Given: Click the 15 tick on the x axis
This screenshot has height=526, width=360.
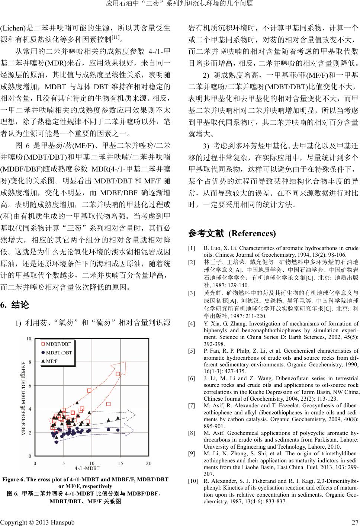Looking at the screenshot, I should pyautogui.click(x=120, y=464).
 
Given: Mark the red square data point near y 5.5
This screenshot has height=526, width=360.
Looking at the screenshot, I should pyautogui.click(x=89, y=391).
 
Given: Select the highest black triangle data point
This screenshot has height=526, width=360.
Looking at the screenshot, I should pyautogui.click(x=77, y=402).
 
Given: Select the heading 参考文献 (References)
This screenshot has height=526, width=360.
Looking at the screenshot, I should pyautogui.click(x=232, y=234).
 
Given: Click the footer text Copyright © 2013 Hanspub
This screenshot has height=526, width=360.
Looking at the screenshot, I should pyautogui.click(x=37, y=522).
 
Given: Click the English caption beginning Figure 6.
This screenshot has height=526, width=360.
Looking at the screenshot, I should pyautogui.click(x=86, y=480).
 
